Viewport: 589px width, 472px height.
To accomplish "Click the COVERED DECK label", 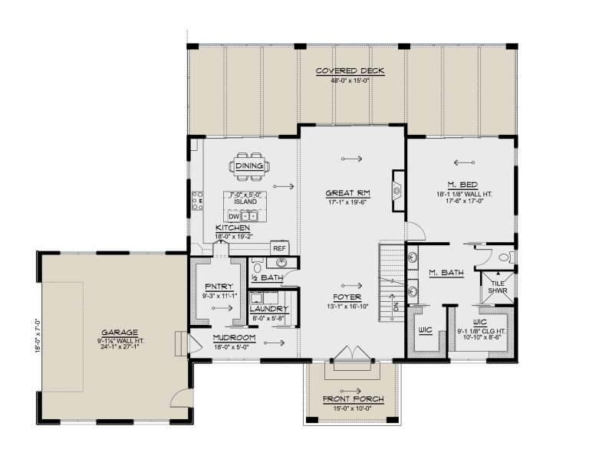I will [x=350, y=71].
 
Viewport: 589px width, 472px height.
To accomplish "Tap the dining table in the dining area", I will [x=249, y=165].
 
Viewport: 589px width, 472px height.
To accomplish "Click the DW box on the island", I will [x=234, y=217].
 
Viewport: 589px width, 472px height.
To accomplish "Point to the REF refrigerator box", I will [x=279, y=248].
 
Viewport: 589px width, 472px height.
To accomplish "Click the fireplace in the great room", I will [x=398, y=190].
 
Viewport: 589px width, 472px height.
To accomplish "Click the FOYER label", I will [x=349, y=297].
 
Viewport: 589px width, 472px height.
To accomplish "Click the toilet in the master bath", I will [x=504, y=257].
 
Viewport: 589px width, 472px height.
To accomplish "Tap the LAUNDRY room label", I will [x=268, y=309].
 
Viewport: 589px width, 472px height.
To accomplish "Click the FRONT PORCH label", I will [x=353, y=400].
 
